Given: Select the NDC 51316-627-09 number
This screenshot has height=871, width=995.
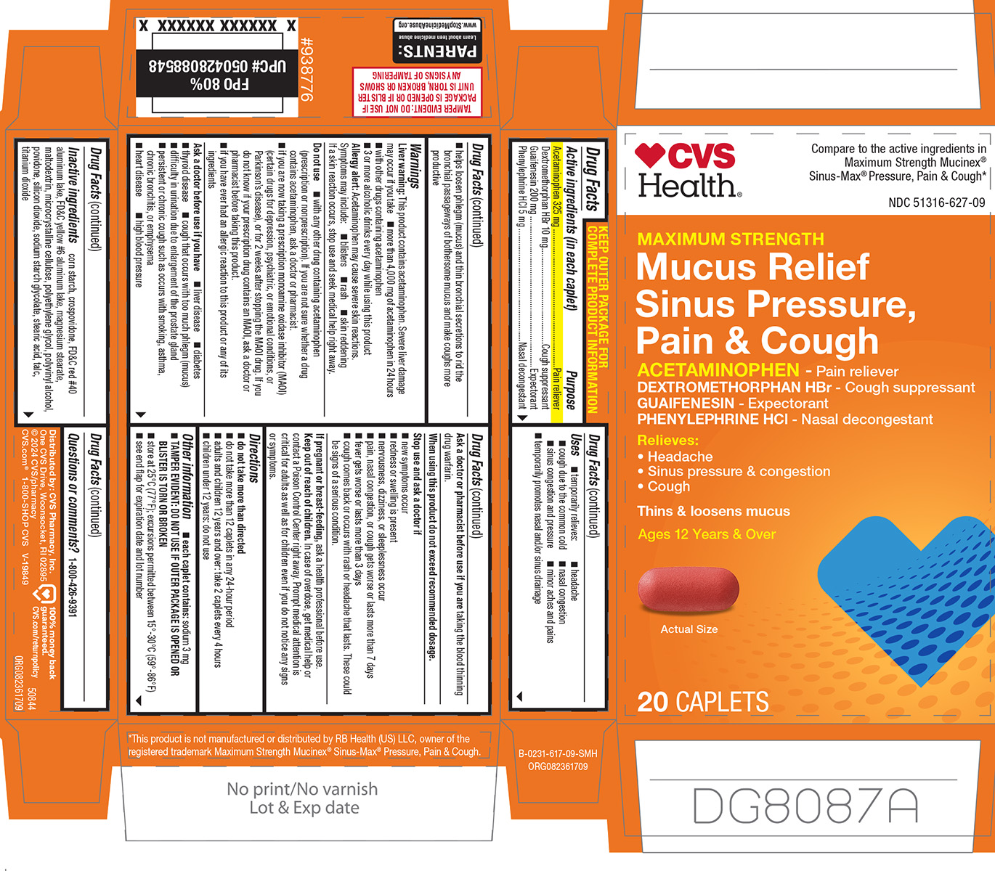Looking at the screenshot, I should (936, 203).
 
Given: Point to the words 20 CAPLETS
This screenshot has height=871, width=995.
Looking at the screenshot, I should (702, 702).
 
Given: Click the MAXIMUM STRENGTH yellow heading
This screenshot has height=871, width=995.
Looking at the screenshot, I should (731, 239).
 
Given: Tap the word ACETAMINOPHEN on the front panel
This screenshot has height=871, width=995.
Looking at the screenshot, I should (718, 370).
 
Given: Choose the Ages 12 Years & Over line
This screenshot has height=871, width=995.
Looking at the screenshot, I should (706, 534).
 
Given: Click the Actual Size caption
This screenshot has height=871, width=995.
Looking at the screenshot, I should (689, 629).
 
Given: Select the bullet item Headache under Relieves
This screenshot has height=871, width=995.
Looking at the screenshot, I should (680, 457).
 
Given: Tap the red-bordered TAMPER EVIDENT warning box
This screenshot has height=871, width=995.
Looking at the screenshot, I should (417, 91).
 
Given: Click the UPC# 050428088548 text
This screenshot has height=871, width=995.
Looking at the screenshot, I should (218, 66).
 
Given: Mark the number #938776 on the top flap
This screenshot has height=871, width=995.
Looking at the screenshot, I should (306, 70).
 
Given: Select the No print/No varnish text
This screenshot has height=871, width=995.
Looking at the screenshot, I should (302, 789).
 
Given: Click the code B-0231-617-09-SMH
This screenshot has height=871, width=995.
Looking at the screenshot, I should (558, 754).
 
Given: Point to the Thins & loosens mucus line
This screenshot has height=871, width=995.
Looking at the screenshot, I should (713, 511).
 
